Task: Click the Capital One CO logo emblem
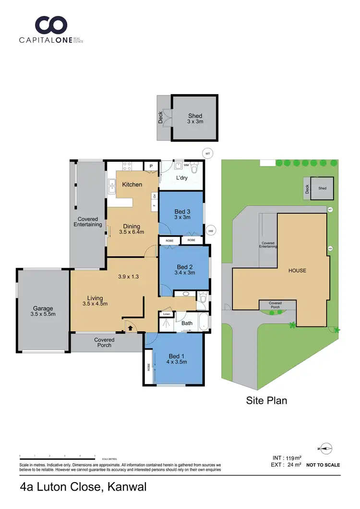tap(51, 24)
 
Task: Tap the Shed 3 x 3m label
tap(195, 119)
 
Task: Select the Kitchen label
tap(132, 184)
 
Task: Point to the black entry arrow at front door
tap(129, 328)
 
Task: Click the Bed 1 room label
tap(177, 359)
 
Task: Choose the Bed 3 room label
tap(182, 214)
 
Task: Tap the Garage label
tap(43, 311)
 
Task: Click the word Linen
tap(167, 314)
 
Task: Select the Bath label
tap(187, 323)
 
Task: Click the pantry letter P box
tap(151, 166)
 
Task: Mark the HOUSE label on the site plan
tap(297, 270)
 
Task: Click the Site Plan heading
tap(266, 400)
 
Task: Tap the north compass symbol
tap(325, 448)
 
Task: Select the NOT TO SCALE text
tap(323, 465)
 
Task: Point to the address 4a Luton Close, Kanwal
tap(83, 487)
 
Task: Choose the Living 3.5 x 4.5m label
tap(95, 301)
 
